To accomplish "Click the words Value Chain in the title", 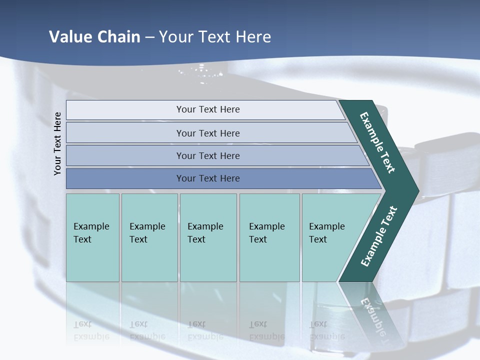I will tap(94, 36).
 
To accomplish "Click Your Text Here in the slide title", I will tap(215, 36).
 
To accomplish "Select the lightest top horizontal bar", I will tap(207, 109).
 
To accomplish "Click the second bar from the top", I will tap(207, 133).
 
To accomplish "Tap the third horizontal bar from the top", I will tap(207, 155).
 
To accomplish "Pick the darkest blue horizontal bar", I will tap(207, 178).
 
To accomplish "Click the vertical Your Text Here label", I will tap(57, 143).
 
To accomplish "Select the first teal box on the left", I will tap(92, 237).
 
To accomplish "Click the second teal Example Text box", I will tap(149, 237).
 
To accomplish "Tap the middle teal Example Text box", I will tap(208, 237).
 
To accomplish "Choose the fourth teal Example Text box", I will tap(269, 237).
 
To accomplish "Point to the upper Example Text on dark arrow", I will tap(377, 142).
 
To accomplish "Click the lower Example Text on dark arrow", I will tap(378, 236).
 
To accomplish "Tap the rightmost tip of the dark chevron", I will tap(418, 190).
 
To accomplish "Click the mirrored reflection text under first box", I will tap(91, 330).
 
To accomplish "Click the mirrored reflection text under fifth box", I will tap(327, 330).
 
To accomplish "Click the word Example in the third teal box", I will tap(205, 226).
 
